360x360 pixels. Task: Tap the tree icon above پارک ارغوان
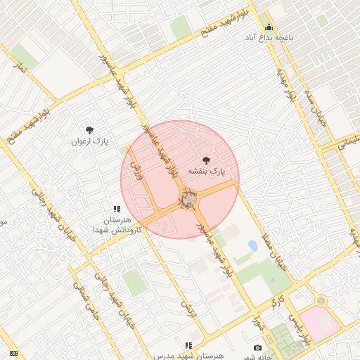click(89, 129)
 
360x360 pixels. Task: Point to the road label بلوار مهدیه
click(296, 77)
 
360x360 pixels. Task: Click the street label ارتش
click(186, 309)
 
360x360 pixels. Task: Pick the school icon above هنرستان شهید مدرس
click(188, 345)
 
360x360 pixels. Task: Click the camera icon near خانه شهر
click(258, 348)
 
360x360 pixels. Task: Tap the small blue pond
click(252, 246)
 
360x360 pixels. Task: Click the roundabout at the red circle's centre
click(188, 201)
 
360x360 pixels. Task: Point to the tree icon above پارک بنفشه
click(206, 160)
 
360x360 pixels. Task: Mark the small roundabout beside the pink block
click(321, 301)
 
